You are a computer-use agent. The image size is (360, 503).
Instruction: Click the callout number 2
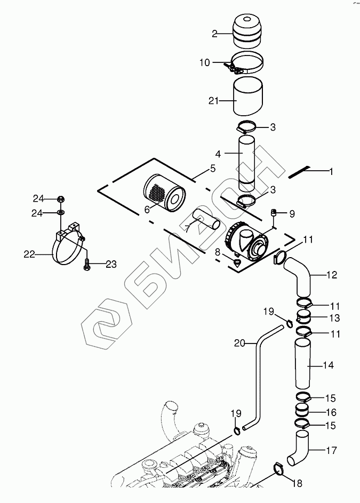click(214, 34)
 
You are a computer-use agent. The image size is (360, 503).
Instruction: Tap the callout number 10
click(205, 62)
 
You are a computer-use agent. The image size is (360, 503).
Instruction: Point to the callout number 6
click(147, 210)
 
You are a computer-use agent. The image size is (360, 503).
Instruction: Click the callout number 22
click(29, 255)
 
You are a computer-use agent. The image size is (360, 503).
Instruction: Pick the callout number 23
click(110, 263)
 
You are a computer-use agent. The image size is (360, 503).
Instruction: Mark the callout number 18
click(298, 483)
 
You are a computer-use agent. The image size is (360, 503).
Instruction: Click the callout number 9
click(292, 213)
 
